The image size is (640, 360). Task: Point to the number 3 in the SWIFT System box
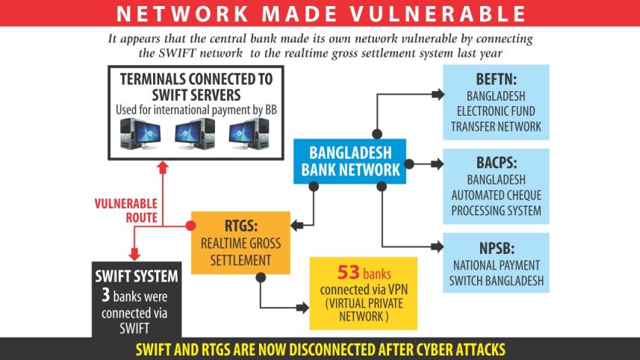[106, 296]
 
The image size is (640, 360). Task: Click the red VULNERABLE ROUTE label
[125, 211]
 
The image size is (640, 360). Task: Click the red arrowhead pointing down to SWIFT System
[134, 255]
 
